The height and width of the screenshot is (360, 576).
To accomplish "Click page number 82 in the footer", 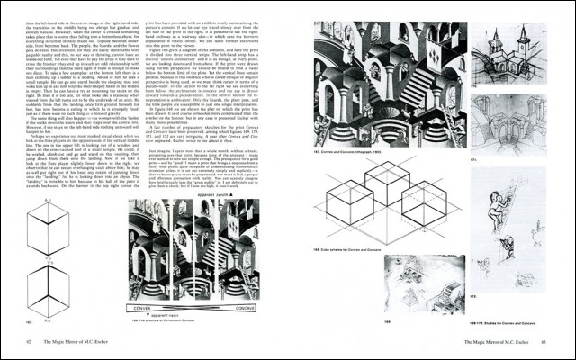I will (31, 342).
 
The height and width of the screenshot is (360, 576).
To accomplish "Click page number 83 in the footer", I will (544, 342).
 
